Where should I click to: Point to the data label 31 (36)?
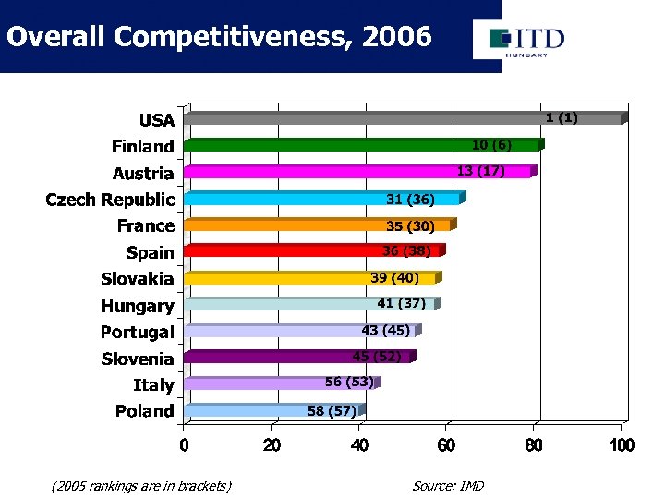tap(410, 200)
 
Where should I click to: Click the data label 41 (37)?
tap(401, 303)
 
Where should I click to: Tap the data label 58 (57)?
tap(332, 410)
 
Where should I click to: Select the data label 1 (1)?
tap(562, 117)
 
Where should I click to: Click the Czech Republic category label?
tap(110, 200)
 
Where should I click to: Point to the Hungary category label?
tap(137, 306)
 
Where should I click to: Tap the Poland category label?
tap(144, 411)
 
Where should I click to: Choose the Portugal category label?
tap(137, 332)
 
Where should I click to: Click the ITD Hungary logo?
tap(519, 41)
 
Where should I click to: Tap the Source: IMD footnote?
tap(448, 486)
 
